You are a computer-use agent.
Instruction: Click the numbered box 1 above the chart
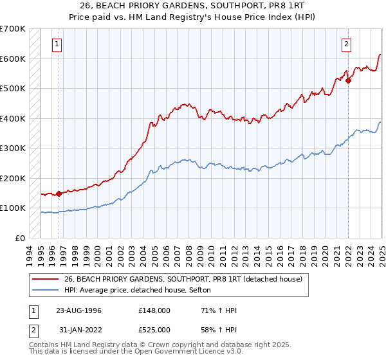pos(57,44)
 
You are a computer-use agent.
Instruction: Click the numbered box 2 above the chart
pos(346,44)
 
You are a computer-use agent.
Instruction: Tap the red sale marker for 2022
pos(348,81)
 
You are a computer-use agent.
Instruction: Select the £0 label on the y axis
pos(20,238)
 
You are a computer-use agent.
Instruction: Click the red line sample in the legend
pos(45,279)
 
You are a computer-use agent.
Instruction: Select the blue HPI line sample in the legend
pos(45,290)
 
